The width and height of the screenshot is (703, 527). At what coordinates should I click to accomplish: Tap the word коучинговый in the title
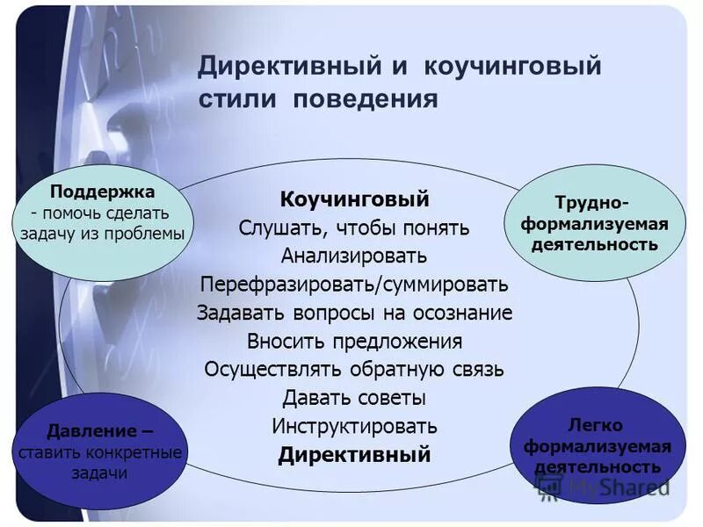pos(514,68)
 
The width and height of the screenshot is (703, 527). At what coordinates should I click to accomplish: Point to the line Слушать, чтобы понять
pos(354,227)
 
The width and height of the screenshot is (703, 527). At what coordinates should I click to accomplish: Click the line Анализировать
pos(354,256)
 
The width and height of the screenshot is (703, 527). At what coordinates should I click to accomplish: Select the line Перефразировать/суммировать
pos(354,285)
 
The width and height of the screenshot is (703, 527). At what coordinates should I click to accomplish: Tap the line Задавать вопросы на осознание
pos(354,313)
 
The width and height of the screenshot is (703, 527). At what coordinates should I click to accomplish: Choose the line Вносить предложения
pos(354,341)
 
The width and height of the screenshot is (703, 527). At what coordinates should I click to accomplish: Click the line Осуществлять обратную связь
pos(354,369)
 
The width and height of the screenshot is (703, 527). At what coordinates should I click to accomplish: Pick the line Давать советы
pos(354,397)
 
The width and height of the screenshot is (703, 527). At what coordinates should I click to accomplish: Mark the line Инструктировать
pos(354,426)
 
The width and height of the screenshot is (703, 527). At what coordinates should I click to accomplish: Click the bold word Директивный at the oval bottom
pos(354,455)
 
